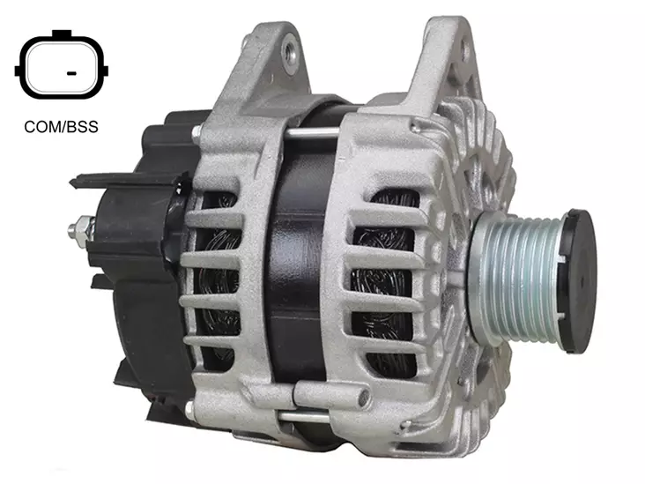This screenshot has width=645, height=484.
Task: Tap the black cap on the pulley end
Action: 578,280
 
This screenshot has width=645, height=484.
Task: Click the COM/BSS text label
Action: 62,127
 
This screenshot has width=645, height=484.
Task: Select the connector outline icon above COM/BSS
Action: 62,64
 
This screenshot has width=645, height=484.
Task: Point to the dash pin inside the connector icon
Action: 71,74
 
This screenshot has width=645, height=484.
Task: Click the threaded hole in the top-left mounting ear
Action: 290,51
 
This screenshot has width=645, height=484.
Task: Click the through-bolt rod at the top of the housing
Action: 312,132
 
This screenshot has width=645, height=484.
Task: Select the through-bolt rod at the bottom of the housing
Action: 304,416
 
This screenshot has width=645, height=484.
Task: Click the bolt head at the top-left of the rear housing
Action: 196,132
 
